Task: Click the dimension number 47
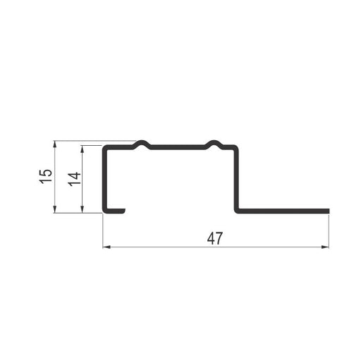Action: pyautogui.click(x=214, y=238)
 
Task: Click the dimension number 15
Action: pyautogui.click(x=46, y=176)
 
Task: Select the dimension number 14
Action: pyautogui.click(x=74, y=179)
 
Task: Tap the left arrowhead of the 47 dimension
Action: pyautogui.click(x=106, y=247)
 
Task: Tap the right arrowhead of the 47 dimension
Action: pyautogui.click(x=325, y=247)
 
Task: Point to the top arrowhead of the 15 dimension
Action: pyautogui.click(x=55, y=144)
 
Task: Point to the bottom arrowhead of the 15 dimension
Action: pyautogui.click(x=55, y=209)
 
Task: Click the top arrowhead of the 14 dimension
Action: pyautogui.click(x=82, y=149)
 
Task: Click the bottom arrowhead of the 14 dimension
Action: pyautogui.click(x=82, y=209)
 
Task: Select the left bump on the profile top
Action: pyautogui.click(x=142, y=142)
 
